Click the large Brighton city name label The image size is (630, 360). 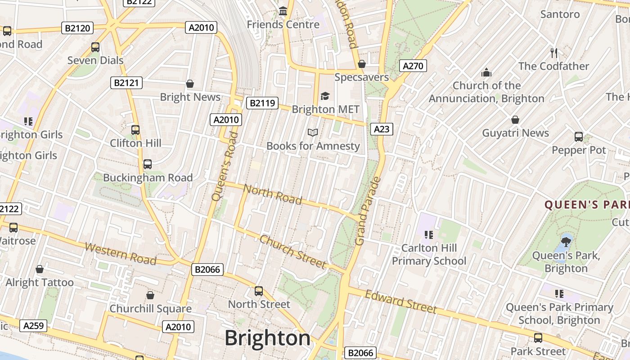[267, 338]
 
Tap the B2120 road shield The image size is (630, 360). [77, 28]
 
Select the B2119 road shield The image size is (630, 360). [262, 103]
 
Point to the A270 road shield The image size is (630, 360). [413, 66]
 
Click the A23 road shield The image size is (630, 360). [382, 129]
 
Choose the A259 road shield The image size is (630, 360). [33, 325]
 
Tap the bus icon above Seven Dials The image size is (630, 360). [95, 47]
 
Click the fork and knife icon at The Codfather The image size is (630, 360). [554, 53]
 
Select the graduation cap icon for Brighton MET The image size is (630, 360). [325, 95]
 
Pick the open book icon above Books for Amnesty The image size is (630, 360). [313, 132]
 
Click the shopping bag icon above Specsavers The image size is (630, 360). [361, 64]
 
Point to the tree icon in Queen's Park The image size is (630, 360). [566, 242]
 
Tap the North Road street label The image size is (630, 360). [272, 194]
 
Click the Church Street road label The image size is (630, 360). [292, 252]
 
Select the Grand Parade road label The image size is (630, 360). [368, 211]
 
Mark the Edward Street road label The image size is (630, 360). [400, 301]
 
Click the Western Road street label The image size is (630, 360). [120, 254]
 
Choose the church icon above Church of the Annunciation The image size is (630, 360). [486, 72]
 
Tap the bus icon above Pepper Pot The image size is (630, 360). [579, 136]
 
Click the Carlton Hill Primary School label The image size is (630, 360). [429, 254]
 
